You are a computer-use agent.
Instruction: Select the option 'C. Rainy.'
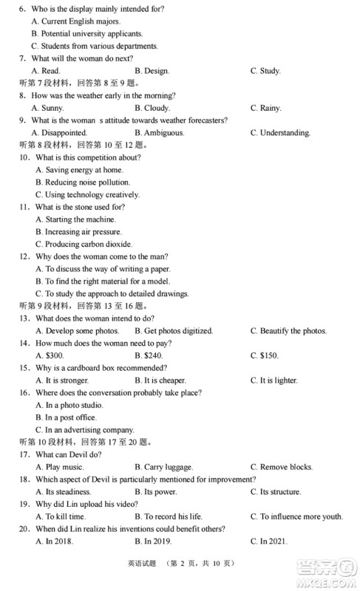(x=265, y=108)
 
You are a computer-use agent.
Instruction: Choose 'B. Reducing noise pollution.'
(x=83, y=182)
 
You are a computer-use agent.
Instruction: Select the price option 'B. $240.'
(x=149, y=355)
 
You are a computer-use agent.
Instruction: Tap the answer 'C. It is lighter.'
(x=274, y=380)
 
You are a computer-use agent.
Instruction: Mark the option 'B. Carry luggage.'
(x=163, y=467)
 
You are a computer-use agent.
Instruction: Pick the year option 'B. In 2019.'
(x=152, y=542)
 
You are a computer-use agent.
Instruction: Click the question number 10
(x=24, y=157)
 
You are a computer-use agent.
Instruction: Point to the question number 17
(x=24, y=454)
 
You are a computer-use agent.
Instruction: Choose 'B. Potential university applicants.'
(x=87, y=34)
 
